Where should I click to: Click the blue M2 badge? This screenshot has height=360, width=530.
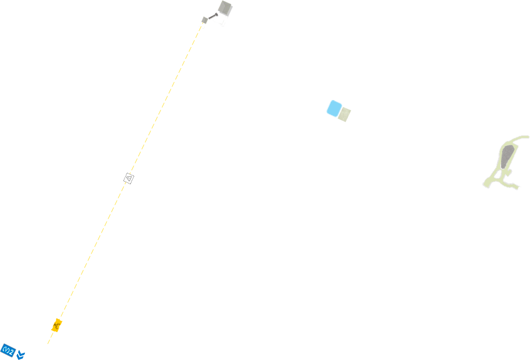8,351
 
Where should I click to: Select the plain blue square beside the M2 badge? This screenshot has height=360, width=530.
21,355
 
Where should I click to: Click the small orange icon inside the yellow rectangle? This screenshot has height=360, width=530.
57,325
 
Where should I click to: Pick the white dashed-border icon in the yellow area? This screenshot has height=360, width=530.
129,178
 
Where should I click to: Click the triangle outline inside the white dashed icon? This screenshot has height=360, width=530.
129,178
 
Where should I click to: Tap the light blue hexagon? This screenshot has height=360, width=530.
334,108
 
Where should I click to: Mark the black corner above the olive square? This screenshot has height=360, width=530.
349,109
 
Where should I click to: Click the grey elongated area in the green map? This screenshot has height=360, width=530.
506,158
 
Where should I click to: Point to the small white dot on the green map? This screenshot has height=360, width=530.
496,154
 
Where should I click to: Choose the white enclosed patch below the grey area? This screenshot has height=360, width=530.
499,175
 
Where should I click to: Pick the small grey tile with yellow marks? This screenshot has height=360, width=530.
203,23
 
